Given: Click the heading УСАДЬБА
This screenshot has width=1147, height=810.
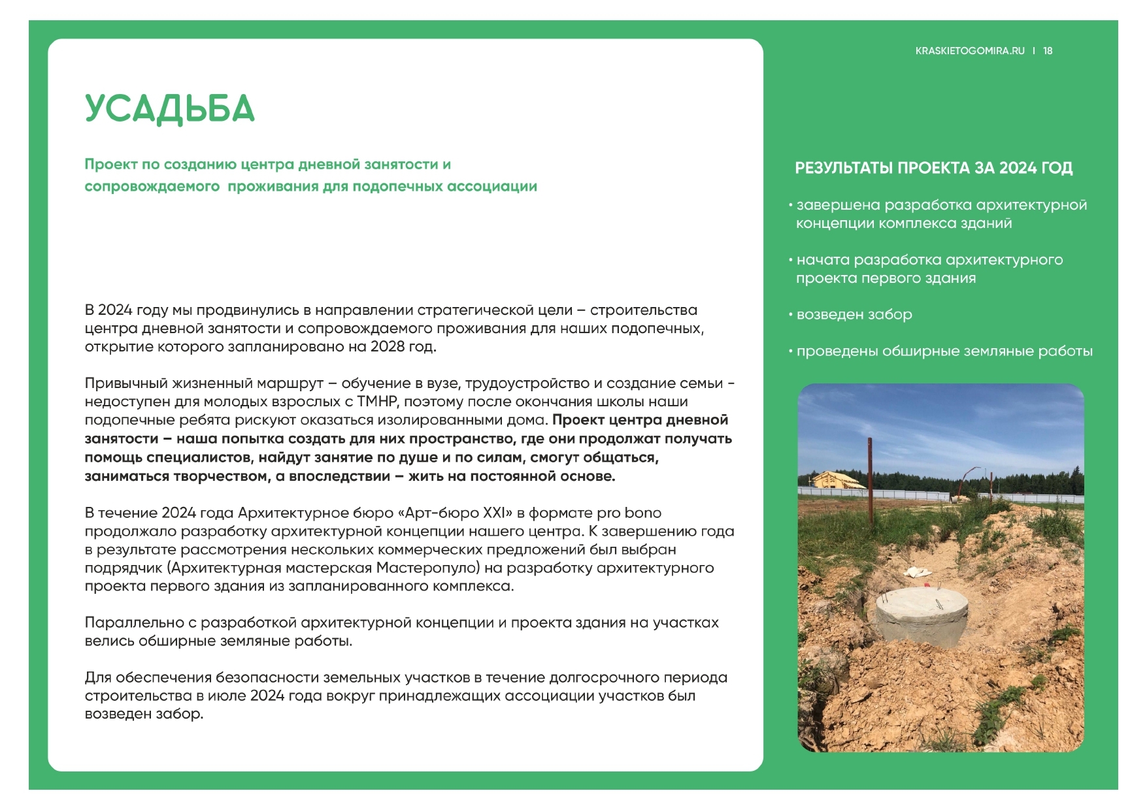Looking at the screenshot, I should point(169,109).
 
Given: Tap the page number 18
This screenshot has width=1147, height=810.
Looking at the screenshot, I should point(1048,51).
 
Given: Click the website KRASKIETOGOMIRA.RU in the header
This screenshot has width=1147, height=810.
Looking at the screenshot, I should point(970,51).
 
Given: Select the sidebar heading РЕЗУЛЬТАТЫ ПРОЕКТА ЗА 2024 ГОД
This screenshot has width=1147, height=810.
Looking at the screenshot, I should point(933,168).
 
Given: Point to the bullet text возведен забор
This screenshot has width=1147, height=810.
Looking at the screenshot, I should point(854,315).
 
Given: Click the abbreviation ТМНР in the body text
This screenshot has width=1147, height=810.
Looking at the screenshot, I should point(376,401).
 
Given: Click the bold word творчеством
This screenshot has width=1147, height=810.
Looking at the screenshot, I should point(217,476).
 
